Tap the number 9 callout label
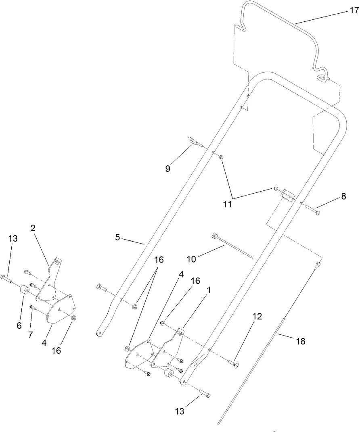pyautogui.click(x=167, y=168)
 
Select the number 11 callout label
pyautogui.click(x=228, y=204)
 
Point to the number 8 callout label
pyautogui.click(x=343, y=196)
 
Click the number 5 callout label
pyautogui.click(x=117, y=237)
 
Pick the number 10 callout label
pyautogui.click(x=191, y=258)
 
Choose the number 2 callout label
pyautogui.click(x=33, y=228)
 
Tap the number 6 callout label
pyautogui.click(x=19, y=314)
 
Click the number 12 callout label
pyautogui.click(x=257, y=317)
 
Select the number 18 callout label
pyautogui.click(x=300, y=341)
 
